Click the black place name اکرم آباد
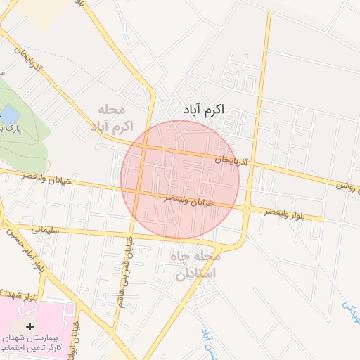point(197,111)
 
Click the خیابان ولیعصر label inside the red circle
point(189,200)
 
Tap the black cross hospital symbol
point(30,327)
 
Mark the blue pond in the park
point(10,113)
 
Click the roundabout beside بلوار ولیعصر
point(247,208)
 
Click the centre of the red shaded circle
point(180,180)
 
